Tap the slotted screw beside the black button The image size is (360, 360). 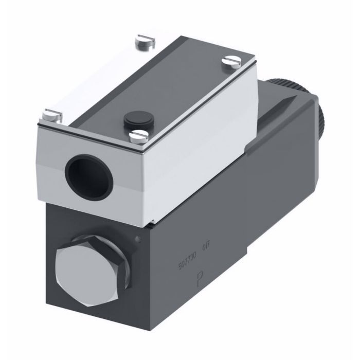(x=138, y=136)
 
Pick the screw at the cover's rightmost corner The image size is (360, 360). (x=228, y=61)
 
